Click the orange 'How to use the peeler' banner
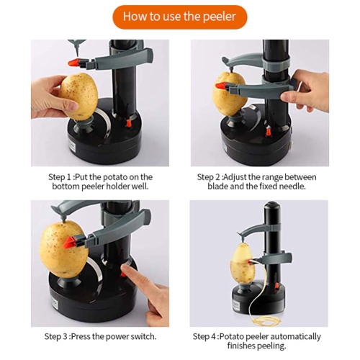[179, 17]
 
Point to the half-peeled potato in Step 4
[243, 263]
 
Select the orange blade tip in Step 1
[73, 63]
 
